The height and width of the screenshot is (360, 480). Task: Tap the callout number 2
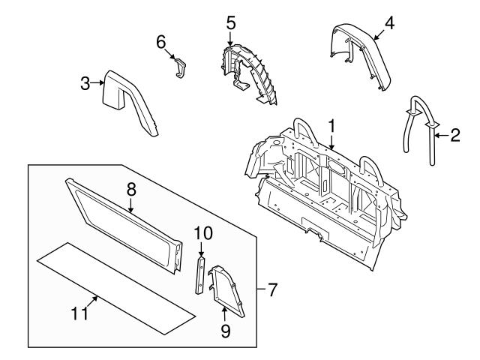[455, 136]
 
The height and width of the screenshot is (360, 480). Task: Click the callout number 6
[160, 43]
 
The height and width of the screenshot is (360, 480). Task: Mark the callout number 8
[130, 190]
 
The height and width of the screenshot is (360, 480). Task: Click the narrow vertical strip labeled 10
[201, 275]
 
